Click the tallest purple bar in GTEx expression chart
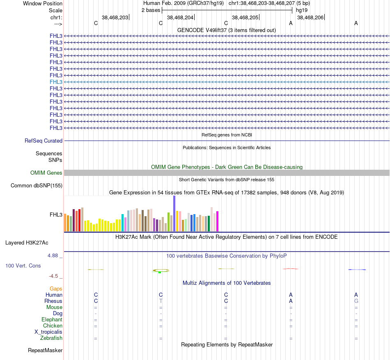click(x=174, y=214)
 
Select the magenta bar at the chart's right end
click(x=217, y=221)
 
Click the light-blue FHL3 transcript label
click(x=56, y=82)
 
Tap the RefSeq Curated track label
click(x=44, y=141)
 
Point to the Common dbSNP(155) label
click(x=37, y=185)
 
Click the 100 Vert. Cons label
click(x=23, y=265)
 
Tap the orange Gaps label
click(x=56, y=289)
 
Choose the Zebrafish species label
click(x=51, y=338)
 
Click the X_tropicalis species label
click(x=48, y=332)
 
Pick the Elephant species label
click(x=52, y=319)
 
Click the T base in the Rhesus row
click(x=161, y=301)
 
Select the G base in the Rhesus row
click(x=356, y=301)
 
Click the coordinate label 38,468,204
click(x=180, y=18)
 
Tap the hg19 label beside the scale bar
click(x=302, y=10)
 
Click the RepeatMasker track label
click(x=45, y=351)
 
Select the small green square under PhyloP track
click(x=159, y=272)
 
